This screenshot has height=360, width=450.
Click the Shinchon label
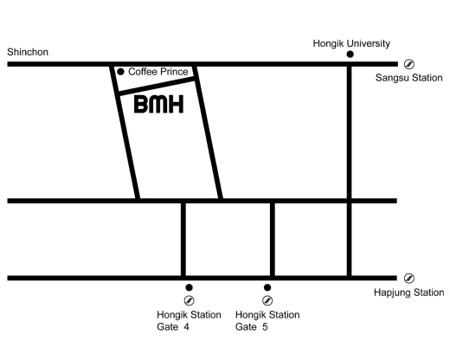click(28, 52)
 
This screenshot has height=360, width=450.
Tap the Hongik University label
click(351, 43)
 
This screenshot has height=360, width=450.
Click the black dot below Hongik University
click(350, 54)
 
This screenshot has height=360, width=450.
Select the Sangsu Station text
click(408, 78)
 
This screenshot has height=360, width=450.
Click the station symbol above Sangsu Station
click(409, 64)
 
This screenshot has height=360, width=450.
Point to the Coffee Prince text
click(158, 72)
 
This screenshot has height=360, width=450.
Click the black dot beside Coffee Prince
click(120, 72)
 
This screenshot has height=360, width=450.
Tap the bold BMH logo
click(159, 104)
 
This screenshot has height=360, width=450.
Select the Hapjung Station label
click(408, 292)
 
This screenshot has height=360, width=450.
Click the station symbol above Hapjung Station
click(409, 279)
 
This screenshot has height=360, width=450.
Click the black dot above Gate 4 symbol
click(189, 287)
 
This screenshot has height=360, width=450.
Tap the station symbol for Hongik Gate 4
click(189, 300)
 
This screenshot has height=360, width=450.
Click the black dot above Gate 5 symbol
click(267, 287)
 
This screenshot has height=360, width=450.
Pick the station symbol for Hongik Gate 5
click(267, 300)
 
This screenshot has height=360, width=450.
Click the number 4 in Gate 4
click(186, 327)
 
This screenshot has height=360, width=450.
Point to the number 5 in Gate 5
click(265, 327)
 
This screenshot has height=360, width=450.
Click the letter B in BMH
click(141, 104)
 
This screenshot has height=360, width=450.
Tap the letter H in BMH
click(176, 104)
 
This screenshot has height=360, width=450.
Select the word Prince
click(174, 72)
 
